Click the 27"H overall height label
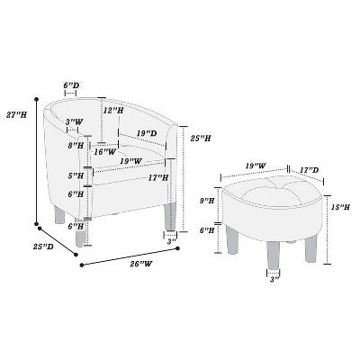pos(17,114)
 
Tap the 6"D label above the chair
pos(71,85)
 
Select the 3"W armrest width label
pos(75,122)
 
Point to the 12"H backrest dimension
pos(113,111)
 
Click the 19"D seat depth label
pos(147,133)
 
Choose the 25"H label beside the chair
pos(201,139)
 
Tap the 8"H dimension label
pos(76,146)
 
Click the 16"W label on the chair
pos(104,152)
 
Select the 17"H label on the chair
pos(158,178)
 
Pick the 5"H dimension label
pos(76,175)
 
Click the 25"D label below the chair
pos(43,247)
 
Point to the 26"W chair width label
pos(141,264)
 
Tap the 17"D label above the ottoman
pos(310,170)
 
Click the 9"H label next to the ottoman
pos(207,201)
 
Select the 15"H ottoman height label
pos(341,207)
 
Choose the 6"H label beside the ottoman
pos(207,230)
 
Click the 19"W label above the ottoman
pos(256,166)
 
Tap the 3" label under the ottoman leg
pos(274,280)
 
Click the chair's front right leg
pos(171,217)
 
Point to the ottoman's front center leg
pos(273,255)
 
